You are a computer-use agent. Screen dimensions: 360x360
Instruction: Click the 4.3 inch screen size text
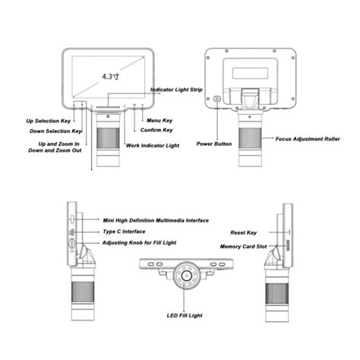pyautogui.click(x=110, y=76)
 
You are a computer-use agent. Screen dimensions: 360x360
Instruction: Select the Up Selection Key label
pyautogui.click(x=52, y=120)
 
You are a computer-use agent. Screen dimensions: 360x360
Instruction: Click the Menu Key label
pyautogui.click(x=159, y=120)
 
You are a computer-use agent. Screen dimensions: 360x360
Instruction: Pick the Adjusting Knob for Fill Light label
pyautogui.click(x=141, y=243)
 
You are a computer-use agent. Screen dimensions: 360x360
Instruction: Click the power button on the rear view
pyautogui.click(x=218, y=99)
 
